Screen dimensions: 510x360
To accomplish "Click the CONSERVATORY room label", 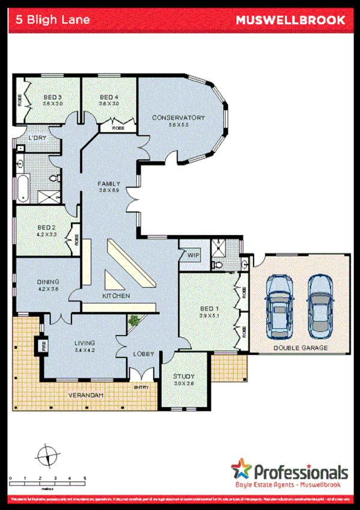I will pos(178,117).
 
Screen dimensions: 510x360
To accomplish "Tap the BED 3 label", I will pos(52,97).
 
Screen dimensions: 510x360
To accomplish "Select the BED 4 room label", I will pos(108,97).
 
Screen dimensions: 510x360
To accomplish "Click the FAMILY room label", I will pos(109,184).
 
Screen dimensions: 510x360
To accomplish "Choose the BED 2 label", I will pos(46,227).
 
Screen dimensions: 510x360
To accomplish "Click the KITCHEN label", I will pos(116,296).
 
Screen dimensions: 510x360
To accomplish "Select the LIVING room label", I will pos(85,343).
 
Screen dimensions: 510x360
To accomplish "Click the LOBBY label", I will pos(144,355).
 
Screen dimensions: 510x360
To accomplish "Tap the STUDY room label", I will pos(184,376).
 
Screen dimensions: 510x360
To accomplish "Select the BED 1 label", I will pos(210,310).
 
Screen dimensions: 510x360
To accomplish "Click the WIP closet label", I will pos(193,255).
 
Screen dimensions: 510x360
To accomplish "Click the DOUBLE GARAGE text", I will pos(301,348).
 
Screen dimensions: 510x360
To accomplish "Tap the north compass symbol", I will pos(46,455).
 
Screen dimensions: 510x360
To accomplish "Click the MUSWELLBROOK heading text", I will pos(290,20).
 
